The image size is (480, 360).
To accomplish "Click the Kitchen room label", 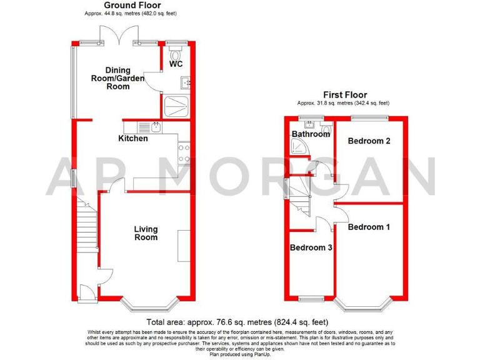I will point(133,138).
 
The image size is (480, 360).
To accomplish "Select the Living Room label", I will point(146,233).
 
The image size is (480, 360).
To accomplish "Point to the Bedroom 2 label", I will point(369,141).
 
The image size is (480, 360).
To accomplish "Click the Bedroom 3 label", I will point(311,248).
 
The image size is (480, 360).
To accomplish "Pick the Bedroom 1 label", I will point(369,227).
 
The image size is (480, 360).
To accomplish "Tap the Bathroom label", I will point(311,134).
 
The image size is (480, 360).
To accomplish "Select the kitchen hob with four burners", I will point(184,153).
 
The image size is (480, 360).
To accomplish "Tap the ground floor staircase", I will point(88,228).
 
